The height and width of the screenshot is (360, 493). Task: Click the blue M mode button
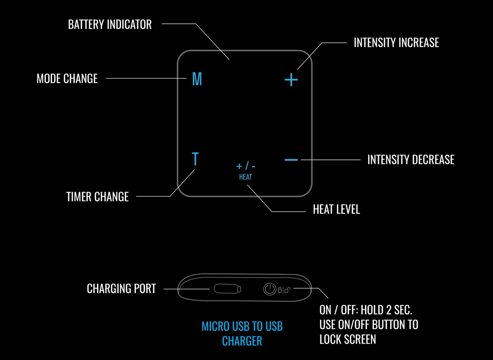point(197,79)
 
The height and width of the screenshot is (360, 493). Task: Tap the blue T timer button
point(195,159)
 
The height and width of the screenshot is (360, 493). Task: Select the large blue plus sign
point(291,79)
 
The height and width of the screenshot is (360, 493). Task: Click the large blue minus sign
point(291,159)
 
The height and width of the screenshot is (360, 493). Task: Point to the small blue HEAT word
point(245,177)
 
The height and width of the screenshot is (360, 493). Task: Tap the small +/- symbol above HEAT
point(246,166)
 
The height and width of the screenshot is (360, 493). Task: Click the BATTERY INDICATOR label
point(110,24)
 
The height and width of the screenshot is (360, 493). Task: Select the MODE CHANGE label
point(67,78)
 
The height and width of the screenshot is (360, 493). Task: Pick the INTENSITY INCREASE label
point(396,42)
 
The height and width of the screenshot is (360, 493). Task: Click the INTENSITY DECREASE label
point(411,159)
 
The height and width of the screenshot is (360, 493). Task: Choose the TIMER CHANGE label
point(97,196)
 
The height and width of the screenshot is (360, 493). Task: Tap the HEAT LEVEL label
point(336,209)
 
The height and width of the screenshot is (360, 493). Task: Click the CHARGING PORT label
point(121,288)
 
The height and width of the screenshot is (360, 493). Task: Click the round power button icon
point(270,289)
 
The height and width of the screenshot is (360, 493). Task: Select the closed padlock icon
point(280,290)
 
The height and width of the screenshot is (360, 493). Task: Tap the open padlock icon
point(288,290)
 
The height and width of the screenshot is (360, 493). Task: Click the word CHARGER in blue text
point(242,341)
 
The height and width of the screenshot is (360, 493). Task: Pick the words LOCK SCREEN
point(348,339)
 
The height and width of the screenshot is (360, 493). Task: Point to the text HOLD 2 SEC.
point(386,310)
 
